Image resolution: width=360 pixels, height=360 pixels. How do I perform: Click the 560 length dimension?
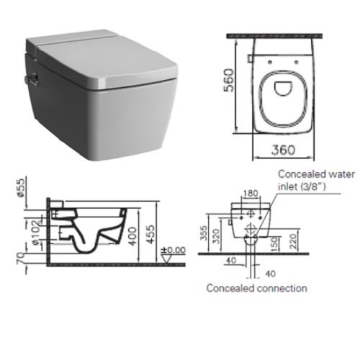coord(228,80)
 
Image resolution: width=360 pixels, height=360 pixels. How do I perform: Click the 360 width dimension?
coord(283,150)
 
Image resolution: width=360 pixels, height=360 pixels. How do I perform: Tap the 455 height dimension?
coord(151,234)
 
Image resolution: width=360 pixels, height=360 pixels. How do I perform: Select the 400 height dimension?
coord(132,236)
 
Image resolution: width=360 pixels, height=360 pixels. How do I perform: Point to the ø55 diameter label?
coord(22,188)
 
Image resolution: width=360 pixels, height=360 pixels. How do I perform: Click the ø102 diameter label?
coord(35,233)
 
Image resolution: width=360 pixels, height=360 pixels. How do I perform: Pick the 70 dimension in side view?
coord(22,258)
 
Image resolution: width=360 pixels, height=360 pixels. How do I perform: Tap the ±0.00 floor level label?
coord(173,250)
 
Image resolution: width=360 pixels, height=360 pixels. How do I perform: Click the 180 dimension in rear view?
coord(251,193)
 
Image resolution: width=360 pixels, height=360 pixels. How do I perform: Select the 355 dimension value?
coord(204,233)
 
